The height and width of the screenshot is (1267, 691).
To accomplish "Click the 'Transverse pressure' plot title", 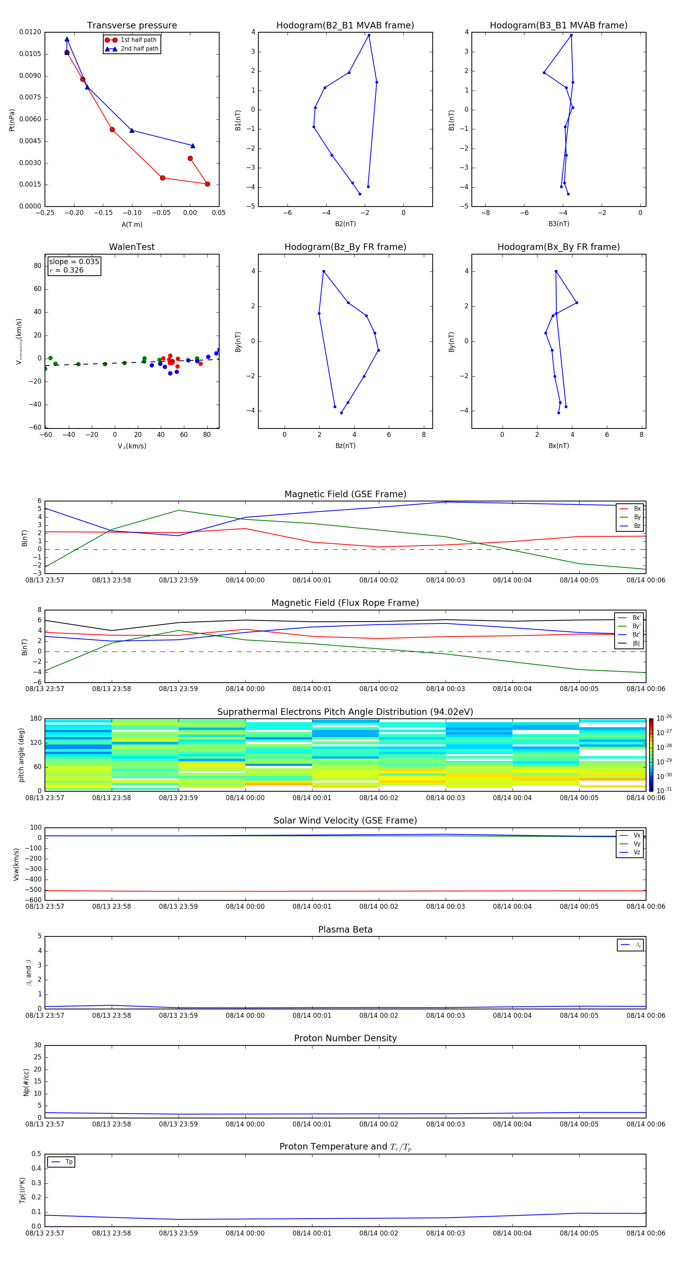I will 132,26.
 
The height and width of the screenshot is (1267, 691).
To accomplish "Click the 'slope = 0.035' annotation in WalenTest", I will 74,262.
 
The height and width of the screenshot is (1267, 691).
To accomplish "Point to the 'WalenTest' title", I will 132,247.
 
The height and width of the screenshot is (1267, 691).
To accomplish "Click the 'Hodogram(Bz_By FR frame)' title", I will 345,247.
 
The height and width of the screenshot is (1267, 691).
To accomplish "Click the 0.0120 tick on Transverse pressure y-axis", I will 30,32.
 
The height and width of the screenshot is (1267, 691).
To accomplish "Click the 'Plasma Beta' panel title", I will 345,930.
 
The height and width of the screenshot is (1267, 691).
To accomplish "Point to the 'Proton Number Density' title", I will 345,1038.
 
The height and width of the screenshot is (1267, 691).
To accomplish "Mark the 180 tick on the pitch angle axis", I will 36,719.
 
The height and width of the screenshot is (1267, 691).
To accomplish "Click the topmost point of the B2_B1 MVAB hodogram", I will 369,35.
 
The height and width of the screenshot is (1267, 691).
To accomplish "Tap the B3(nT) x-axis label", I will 559,224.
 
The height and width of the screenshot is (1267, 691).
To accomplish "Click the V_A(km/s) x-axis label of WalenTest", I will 132,446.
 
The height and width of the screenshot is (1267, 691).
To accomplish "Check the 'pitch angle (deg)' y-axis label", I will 21,754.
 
